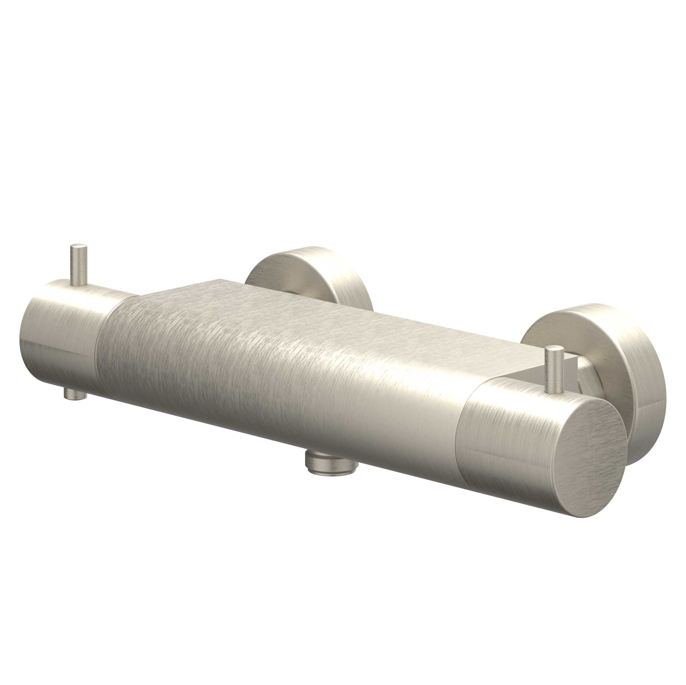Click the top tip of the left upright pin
click(x=79, y=246)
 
